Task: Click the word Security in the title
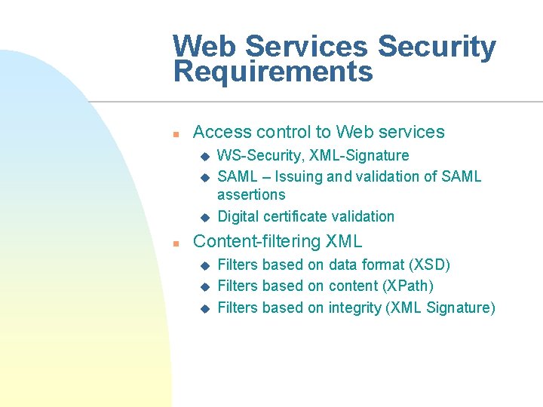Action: [437, 47]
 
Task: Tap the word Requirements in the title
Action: [273, 72]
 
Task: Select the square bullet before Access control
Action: [174, 133]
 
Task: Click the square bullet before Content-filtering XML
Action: [174, 243]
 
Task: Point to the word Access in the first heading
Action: [222, 132]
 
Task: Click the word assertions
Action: [251, 195]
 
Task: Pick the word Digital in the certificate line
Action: [238, 216]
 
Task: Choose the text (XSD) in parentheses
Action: [429, 265]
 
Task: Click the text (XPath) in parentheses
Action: [409, 286]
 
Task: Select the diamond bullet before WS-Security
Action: [203, 157]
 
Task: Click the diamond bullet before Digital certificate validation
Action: [203, 217]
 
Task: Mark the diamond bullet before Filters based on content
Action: [203, 287]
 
